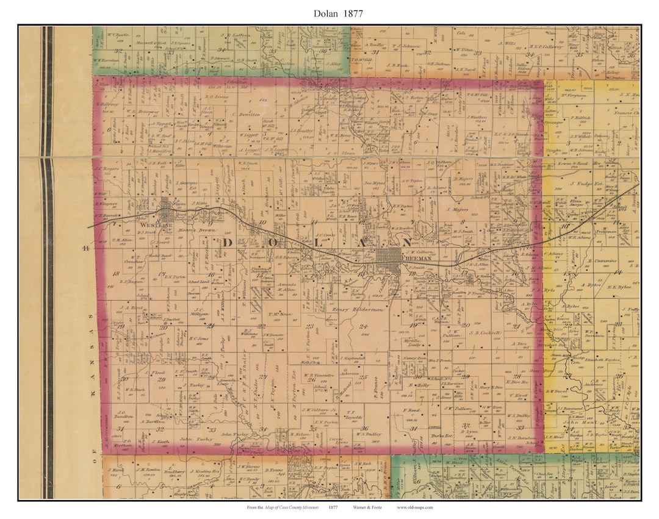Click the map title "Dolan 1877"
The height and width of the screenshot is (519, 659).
tap(329, 13)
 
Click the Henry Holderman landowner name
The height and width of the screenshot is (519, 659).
tap(358, 310)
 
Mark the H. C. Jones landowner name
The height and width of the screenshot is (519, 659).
tap(199, 339)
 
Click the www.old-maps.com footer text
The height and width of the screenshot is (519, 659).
tap(415, 507)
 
